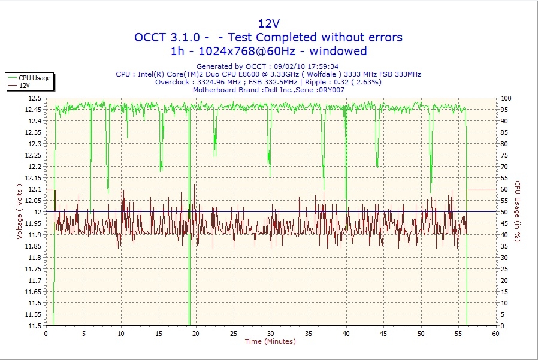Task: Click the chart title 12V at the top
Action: tap(268, 23)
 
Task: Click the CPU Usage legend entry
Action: tap(34, 78)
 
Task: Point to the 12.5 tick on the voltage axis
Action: tap(35, 98)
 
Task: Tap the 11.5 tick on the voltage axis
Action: tap(35, 326)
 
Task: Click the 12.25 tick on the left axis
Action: tap(33, 155)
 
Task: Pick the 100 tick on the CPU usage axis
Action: tap(506, 98)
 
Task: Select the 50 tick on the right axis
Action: tap(504, 212)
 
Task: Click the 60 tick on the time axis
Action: tap(495, 334)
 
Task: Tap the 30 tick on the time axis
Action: tap(270, 334)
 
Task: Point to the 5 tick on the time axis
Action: tap(83, 334)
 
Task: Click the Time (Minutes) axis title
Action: tap(270, 342)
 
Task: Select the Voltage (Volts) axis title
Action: tap(19, 211)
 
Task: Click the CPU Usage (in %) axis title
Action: tap(518, 211)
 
